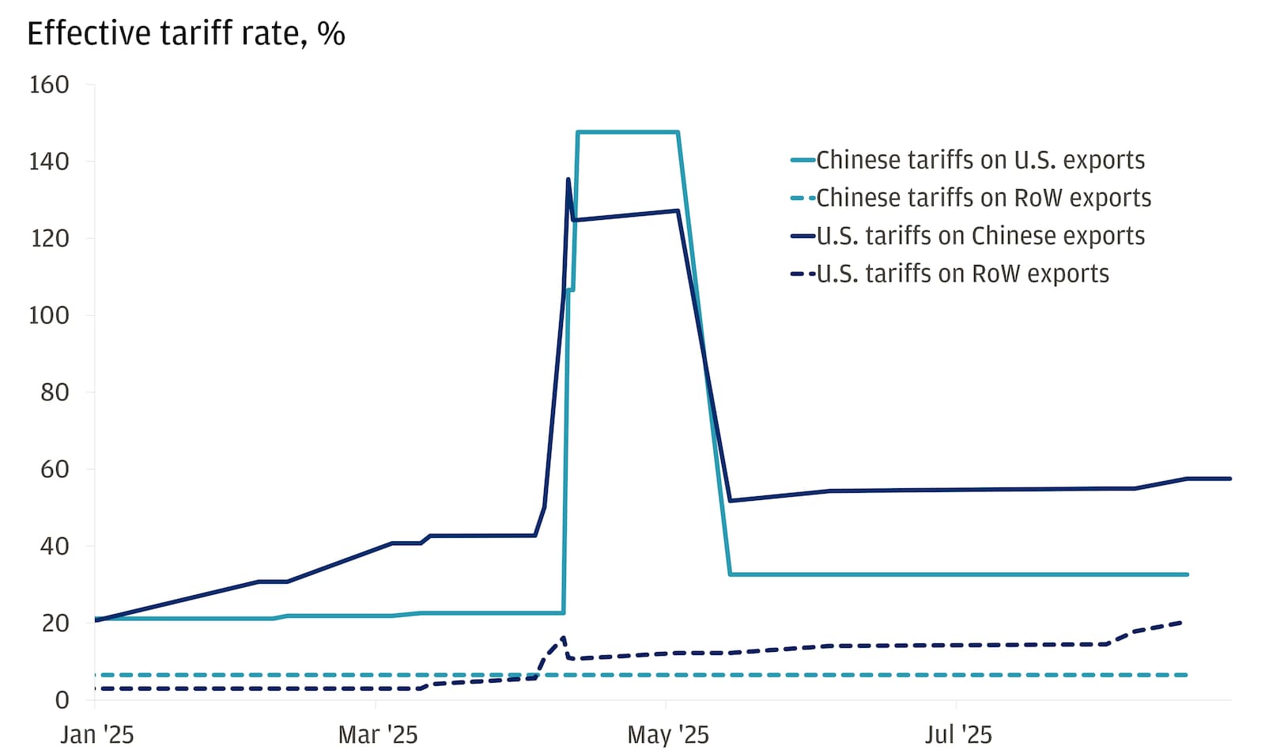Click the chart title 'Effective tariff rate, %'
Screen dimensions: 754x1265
click(186, 34)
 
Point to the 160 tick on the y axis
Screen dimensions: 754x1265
click(49, 85)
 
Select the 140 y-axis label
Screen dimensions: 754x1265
click(49, 161)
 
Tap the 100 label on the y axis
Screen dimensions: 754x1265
click(49, 316)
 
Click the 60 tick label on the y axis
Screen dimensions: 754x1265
click(55, 469)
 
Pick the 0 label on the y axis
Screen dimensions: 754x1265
click(61, 700)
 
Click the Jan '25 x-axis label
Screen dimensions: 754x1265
click(97, 735)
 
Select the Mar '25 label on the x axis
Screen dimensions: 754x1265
click(377, 735)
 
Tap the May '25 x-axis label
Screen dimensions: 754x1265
click(667, 735)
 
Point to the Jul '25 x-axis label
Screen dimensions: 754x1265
click(957, 735)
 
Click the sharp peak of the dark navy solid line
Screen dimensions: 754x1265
click(568, 180)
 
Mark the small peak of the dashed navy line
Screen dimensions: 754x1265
click(563, 637)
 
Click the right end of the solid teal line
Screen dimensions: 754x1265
click(1188, 574)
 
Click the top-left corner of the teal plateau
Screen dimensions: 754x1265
click(579, 132)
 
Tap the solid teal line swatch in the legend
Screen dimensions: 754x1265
click(802, 161)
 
